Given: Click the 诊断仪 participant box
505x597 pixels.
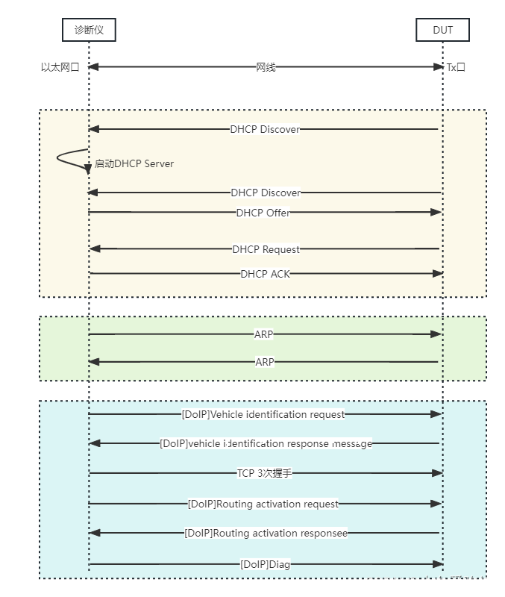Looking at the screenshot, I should click(89, 30).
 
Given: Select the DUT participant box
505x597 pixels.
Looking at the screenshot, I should click(442, 30).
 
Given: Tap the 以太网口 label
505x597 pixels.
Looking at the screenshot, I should click(60, 67).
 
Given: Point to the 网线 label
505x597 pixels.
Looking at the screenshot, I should click(266, 67).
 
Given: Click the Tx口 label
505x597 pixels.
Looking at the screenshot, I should click(456, 67).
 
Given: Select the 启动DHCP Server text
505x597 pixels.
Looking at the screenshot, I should click(134, 163).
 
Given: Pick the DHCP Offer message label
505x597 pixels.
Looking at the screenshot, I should click(263, 213).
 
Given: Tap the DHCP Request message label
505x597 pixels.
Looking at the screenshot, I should click(266, 249).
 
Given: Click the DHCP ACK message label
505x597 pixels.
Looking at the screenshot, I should click(265, 274).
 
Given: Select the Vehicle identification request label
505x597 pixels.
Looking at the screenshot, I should click(263, 414).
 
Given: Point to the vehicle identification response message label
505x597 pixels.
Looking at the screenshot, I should click(266, 443).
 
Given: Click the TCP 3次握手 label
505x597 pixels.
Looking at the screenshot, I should click(264, 473).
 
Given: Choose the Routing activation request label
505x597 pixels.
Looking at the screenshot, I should click(263, 504).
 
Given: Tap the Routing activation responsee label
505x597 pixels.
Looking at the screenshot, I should click(266, 533).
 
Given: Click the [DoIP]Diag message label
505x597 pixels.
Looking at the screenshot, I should click(265, 564).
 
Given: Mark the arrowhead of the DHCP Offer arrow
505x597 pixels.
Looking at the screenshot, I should click(437, 213).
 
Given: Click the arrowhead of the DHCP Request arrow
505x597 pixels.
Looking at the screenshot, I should click(93, 249).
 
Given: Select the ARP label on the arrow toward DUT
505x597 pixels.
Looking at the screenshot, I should click(263, 334).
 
